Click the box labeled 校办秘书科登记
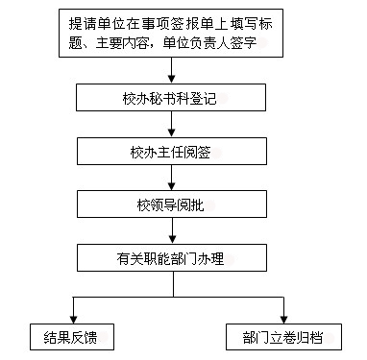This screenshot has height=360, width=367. pos(171,98)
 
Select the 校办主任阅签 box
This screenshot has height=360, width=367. pos(172,152)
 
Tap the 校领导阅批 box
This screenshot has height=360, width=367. pos(172,204)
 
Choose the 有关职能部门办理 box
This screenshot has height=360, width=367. pos(172,258)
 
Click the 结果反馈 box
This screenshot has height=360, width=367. pos(72,337)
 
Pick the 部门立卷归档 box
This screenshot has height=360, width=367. pos(283,337)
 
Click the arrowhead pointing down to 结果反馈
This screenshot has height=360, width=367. pos(74,320)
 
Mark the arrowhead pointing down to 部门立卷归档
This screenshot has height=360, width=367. pos(283,320)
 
